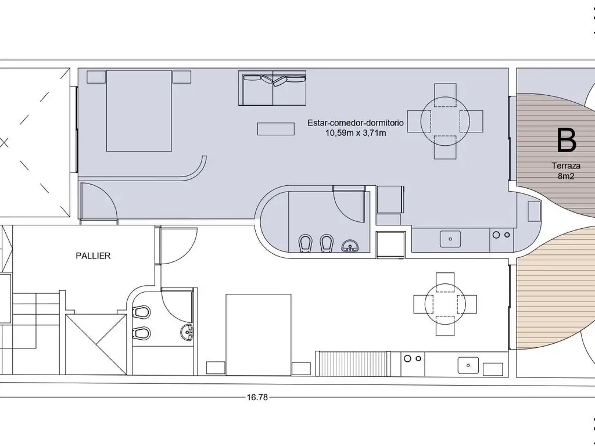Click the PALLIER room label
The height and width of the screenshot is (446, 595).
point(93,256)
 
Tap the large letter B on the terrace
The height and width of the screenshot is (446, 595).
point(566,141)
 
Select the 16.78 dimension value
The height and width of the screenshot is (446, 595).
point(257,397)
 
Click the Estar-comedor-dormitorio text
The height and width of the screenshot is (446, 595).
point(356,123)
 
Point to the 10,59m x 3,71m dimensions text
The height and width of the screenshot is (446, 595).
point(356,133)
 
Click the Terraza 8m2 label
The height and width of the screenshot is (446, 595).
point(566,171)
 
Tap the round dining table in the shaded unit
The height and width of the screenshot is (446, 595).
point(445,121)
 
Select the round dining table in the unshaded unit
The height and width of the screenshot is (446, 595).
point(445,304)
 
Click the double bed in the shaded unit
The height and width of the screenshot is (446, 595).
point(139,110)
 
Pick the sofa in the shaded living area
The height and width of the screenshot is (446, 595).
point(272,88)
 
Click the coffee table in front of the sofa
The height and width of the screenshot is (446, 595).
point(276,128)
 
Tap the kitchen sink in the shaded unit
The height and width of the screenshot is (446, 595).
point(450,239)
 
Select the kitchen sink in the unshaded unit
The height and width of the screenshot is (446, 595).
point(468,365)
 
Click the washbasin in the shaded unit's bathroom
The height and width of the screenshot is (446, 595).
point(349,246)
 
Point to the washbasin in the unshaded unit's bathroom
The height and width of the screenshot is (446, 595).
point(187,332)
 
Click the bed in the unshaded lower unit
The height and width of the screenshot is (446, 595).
point(259,334)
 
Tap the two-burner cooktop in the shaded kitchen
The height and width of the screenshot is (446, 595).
point(501,235)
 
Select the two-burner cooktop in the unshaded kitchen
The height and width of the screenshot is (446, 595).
point(413,358)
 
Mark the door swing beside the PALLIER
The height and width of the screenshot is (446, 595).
point(178,246)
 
